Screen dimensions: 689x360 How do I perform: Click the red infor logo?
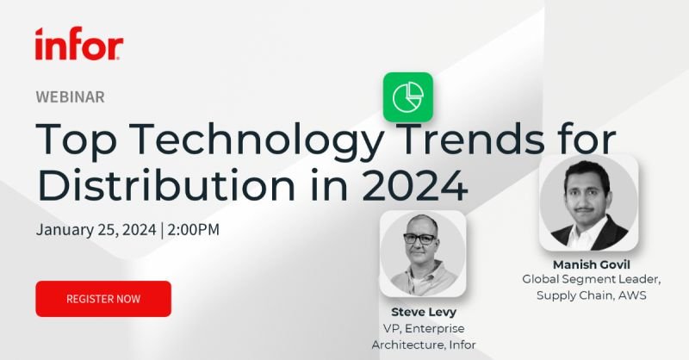click(x=79, y=44)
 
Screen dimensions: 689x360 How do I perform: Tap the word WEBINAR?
click(x=71, y=97)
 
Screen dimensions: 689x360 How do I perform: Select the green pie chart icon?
click(x=407, y=97)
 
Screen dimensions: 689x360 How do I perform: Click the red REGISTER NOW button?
click(x=103, y=299)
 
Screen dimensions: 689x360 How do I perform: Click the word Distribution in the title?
click(x=166, y=185)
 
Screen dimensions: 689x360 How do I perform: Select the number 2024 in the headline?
click(x=414, y=185)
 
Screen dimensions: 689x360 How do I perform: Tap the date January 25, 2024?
click(x=96, y=230)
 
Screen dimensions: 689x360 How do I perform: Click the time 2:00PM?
click(x=193, y=229)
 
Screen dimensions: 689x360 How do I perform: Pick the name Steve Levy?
click(x=424, y=312)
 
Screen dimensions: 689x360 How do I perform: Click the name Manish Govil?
click(x=592, y=264)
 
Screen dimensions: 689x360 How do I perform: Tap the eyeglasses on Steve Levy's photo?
click(x=419, y=239)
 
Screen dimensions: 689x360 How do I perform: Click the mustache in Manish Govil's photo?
click(x=585, y=208)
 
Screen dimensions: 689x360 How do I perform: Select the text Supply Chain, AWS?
click(x=592, y=295)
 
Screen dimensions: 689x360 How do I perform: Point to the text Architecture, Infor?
click(x=424, y=345)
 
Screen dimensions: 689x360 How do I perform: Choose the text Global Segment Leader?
click(x=592, y=279)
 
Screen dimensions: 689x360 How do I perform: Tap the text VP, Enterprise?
click(x=424, y=329)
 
